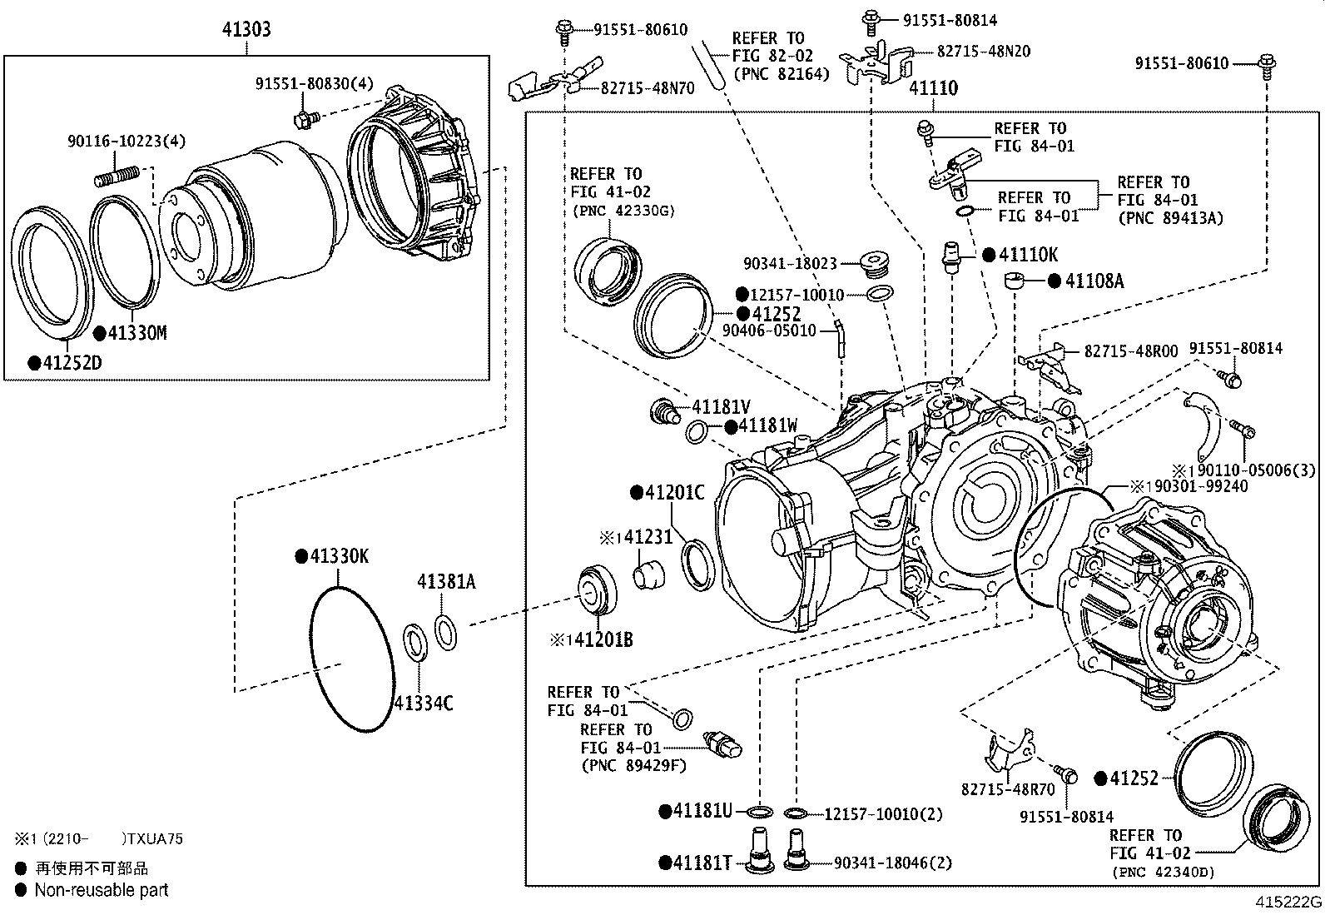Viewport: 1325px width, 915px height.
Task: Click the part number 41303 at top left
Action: point(246,30)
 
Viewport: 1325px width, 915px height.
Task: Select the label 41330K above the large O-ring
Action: point(338,557)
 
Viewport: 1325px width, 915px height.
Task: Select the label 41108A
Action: point(1094,281)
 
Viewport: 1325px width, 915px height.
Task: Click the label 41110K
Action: point(1027,256)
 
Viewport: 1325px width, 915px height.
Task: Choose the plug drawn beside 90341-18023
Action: point(875,263)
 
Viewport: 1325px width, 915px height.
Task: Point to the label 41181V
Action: point(721,408)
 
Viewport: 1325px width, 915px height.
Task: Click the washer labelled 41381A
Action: point(445,631)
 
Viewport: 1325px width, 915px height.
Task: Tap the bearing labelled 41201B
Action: point(596,590)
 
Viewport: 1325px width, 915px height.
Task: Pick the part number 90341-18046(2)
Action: point(892,863)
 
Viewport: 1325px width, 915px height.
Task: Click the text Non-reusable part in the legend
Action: point(101,890)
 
